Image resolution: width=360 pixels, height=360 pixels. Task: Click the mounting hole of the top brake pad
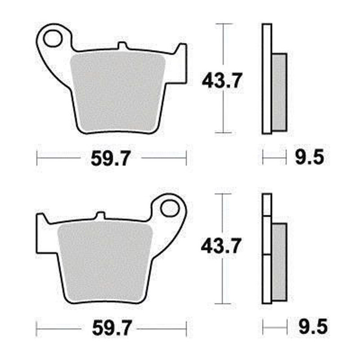pyautogui.click(x=53, y=39)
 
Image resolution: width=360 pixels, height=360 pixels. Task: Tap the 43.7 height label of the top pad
pyautogui.click(x=222, y=81)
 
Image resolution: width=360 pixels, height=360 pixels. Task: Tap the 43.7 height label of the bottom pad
pyautogui.click(x=221, y=246)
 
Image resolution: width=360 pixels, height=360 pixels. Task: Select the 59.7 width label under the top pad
pyautogui.click(x=111, y=158)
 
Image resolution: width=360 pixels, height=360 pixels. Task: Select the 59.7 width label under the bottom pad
pyautogui.click(x=112, y=328)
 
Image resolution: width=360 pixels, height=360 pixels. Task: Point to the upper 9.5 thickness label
pyautogui.click(x=310, y=157)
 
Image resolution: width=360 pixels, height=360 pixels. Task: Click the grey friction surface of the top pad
pyautogui.click(x=118, y=92)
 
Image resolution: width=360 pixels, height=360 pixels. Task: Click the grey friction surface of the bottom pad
pyautogui.click(x=105, y=262)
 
